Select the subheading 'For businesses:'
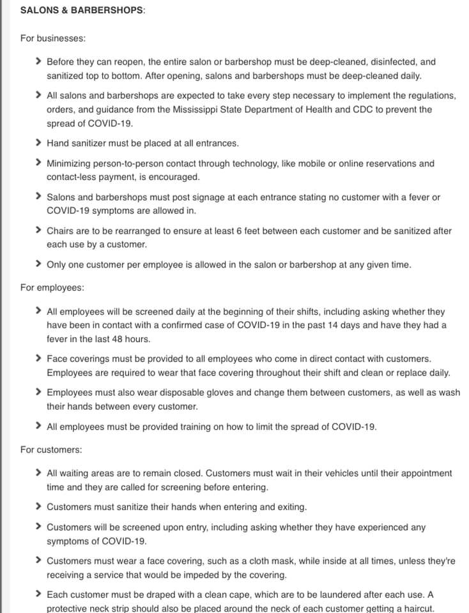(x=53, y=38)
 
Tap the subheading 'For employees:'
(x=52, y=288)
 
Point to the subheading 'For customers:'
(x=51, y=450)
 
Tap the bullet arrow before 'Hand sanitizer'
(x=40, y=143)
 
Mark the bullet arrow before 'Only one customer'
(x=40, y=264)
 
